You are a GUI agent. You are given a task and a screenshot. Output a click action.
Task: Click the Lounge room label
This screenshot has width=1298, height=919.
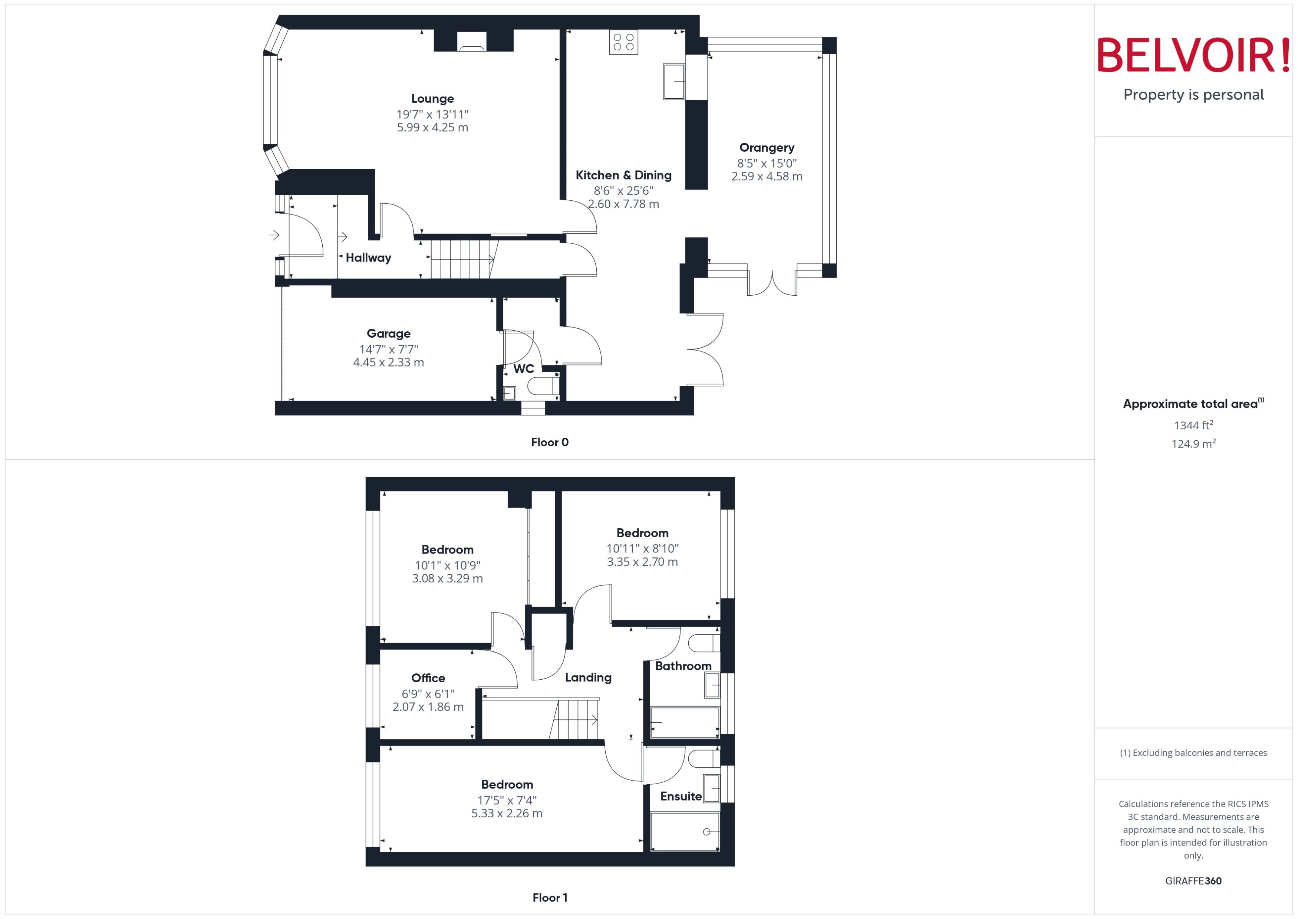click(x=432, y=99)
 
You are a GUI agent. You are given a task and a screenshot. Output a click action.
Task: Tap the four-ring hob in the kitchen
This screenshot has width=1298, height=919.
click(x=623, y=42)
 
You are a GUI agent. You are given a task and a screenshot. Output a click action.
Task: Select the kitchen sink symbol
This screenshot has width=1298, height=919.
click(x=673, y=82)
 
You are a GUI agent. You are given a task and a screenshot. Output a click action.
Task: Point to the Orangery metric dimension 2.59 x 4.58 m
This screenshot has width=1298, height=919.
click(x=766, y=177)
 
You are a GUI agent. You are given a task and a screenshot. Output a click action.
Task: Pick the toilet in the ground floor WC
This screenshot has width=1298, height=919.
click(x=543, y=387)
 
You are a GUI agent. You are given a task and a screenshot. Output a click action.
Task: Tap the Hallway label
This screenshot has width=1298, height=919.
click(x=368, y=258)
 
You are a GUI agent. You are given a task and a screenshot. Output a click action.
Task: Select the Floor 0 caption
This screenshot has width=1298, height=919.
click(x=549, y=443)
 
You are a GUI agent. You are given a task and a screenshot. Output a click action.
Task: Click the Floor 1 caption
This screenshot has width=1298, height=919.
click(x=549, y=897)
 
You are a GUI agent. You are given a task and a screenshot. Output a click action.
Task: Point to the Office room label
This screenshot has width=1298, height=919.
click(x=428, y=678)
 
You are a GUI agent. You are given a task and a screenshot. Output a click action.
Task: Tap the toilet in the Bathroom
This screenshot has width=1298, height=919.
click(x=704, y=643)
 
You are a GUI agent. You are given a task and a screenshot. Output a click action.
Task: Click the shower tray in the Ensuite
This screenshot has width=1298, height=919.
click(x=684, y=831)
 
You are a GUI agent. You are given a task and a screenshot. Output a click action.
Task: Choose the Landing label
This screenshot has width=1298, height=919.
click(x=588, y=677)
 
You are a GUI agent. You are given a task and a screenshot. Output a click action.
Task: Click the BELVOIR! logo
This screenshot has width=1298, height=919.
click(x=1193, y=55)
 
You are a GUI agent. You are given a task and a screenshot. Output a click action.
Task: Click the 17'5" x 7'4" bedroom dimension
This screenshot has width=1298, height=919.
click(x=506, y=800)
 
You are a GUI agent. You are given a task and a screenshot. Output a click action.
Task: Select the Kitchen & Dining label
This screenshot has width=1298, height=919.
click(x=623, y=175)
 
